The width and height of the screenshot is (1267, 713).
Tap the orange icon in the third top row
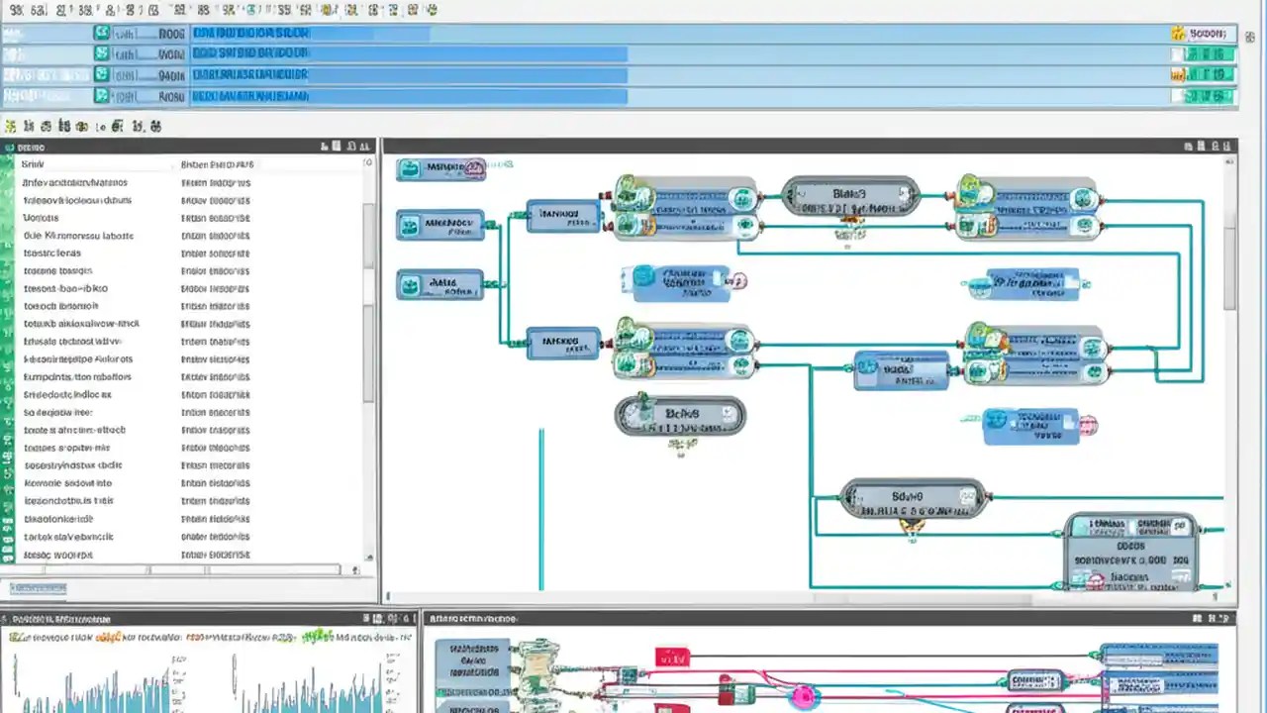(1178, 75)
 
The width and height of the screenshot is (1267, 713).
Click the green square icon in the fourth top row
(101, 96)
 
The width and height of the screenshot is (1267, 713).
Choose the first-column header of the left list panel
(34, 163)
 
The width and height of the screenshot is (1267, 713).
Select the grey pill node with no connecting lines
(679, 416)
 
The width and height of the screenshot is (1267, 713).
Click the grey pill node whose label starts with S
(912, 498)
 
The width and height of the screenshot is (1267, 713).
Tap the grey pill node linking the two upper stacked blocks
(850, 196)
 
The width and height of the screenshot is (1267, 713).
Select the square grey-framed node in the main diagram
(1129, 551)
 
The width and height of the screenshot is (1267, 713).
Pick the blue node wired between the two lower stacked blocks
(901, 368)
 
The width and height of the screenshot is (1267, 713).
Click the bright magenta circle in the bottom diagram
(802, 697)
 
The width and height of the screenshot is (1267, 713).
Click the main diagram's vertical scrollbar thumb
(1230, 267)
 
